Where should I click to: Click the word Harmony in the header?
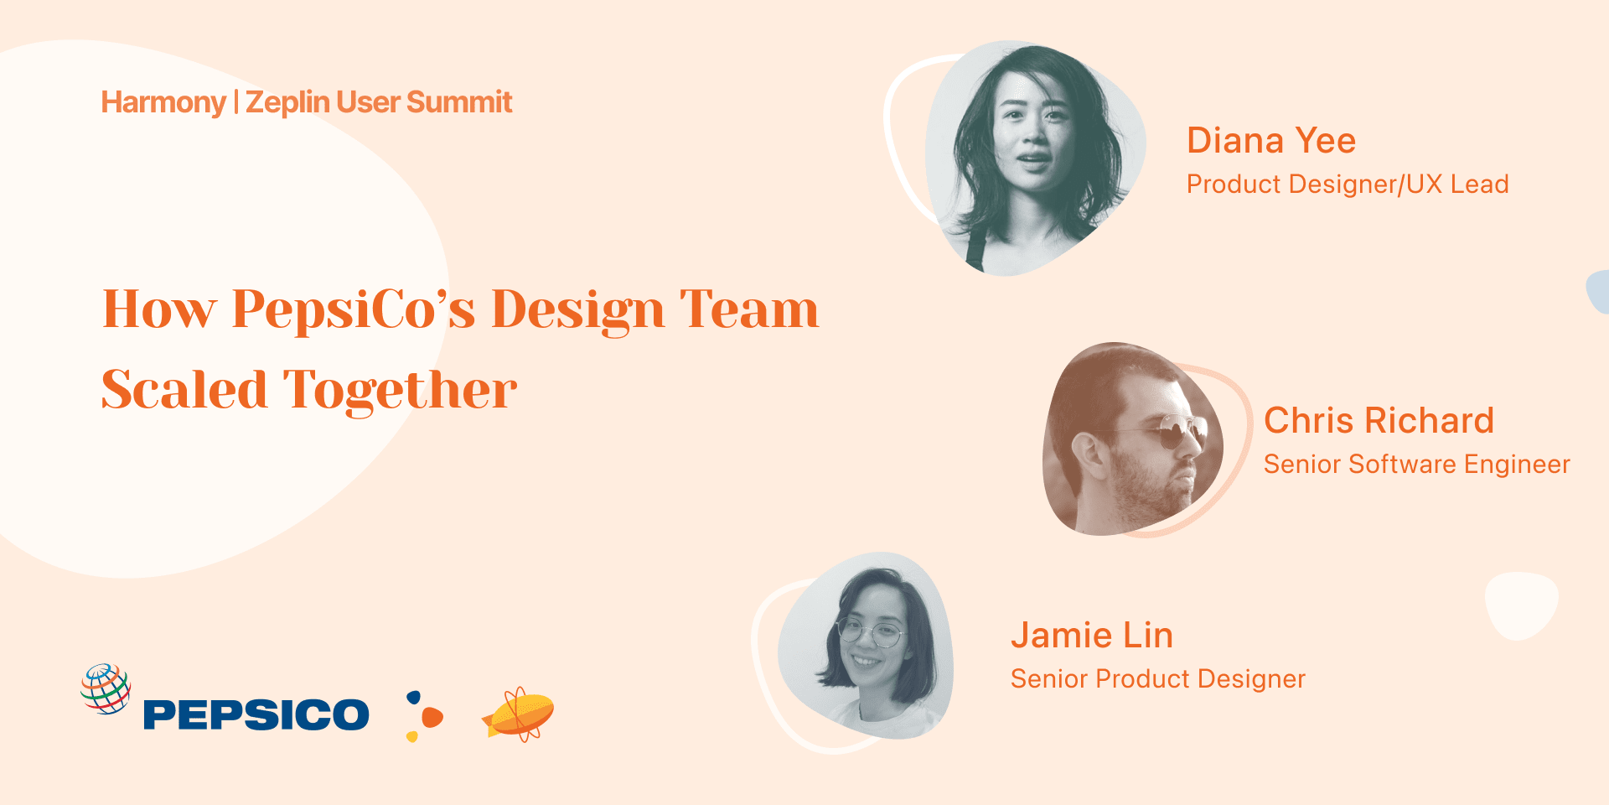tap(163, 102)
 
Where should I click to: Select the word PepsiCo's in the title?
tap(354, 310)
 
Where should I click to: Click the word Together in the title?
tap(400, 390)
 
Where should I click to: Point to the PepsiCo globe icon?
tap(106, 688)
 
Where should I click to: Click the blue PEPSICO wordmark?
tap(256, 714)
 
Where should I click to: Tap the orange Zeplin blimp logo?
tap(519, 714)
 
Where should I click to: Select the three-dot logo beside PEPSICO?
tap(424, 716)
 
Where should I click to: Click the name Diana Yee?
tap(1271, 141)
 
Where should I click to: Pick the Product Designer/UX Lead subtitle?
tap(1348, 184)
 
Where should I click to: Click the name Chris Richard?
tap(1379, 421)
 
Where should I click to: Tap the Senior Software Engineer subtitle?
tap(1416, 465)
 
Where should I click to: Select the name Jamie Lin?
tap(1091, 636)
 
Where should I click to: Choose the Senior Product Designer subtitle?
tap(1157, 679)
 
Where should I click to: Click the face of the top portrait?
tap(1032, 138)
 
